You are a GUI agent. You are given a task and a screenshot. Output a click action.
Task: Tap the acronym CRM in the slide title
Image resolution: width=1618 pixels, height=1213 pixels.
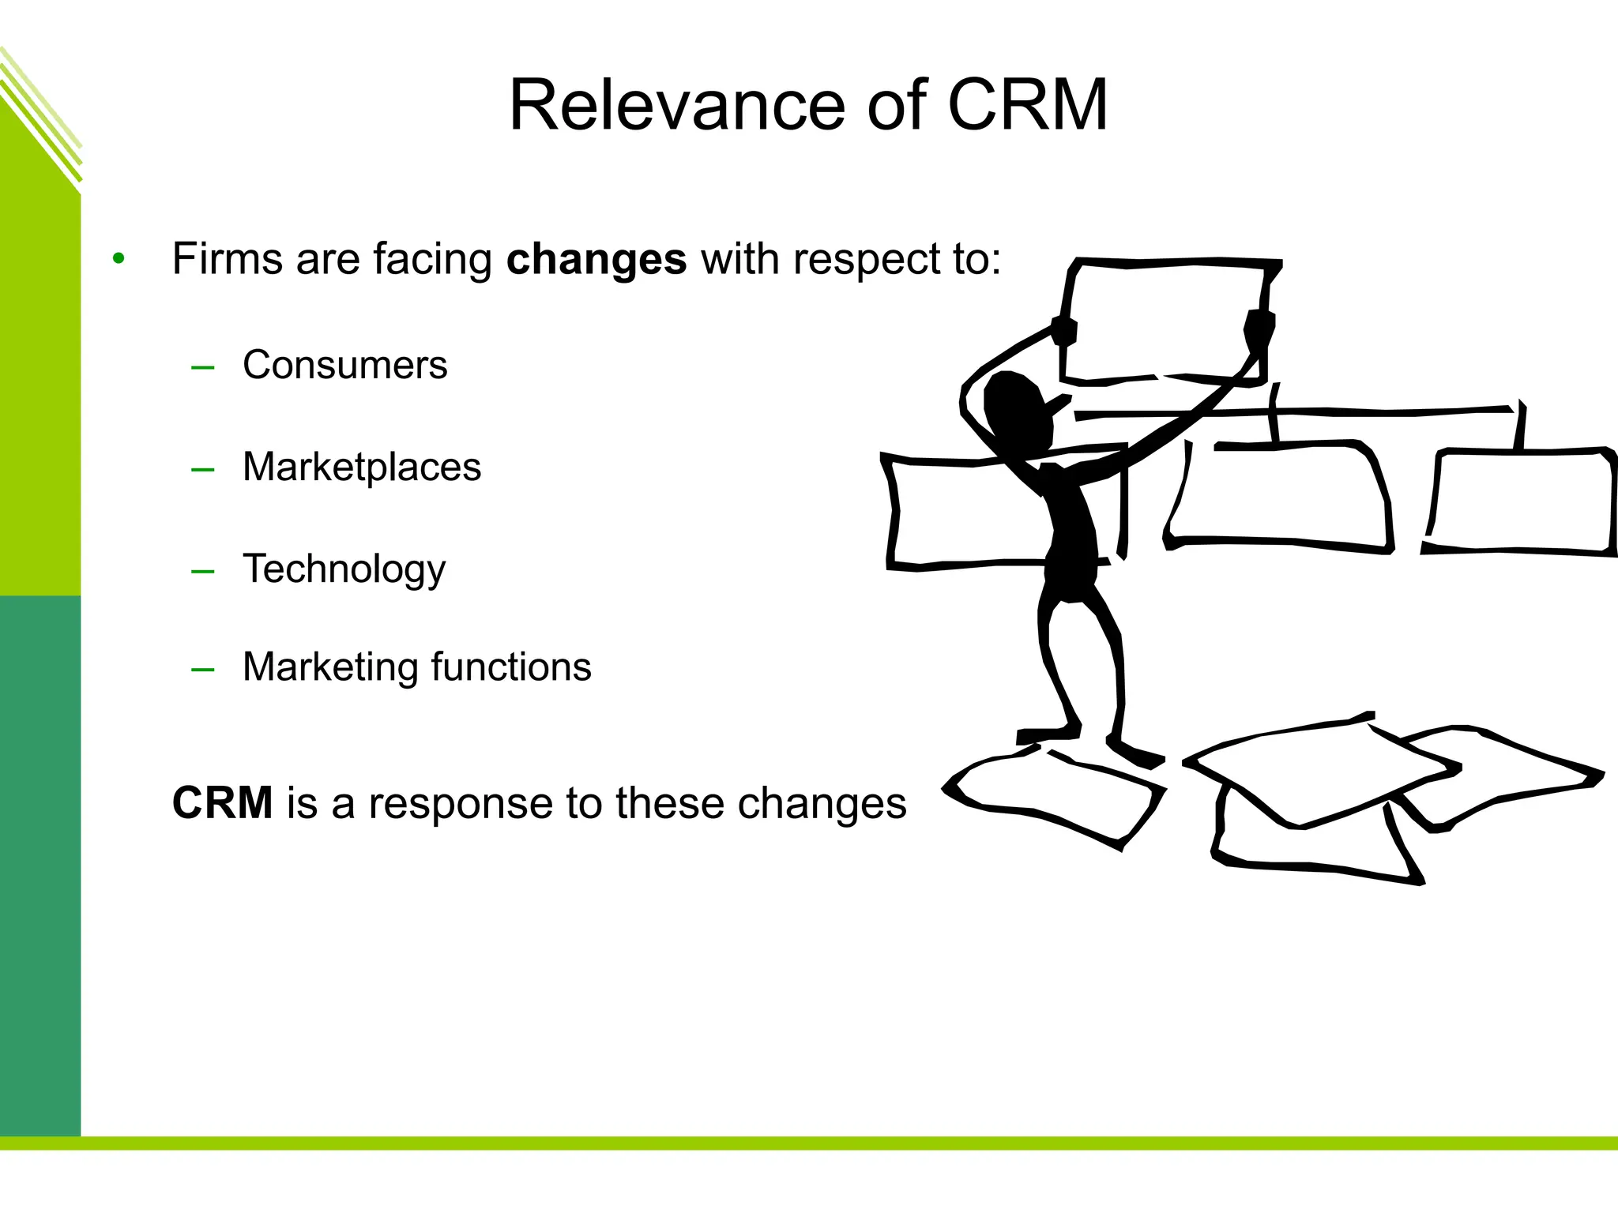[x=1027, y=106]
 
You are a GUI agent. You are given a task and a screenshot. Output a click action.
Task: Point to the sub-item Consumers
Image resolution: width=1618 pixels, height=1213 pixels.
[x=344, y=365]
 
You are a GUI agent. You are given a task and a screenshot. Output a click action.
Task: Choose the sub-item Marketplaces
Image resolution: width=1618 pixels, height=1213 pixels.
[x=361, y=467]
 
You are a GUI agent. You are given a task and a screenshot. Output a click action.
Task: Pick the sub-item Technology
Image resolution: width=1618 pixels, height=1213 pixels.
[x=344, y=569]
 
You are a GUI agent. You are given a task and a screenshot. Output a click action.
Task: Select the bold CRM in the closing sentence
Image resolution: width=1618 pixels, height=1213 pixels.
[x=223, y=803]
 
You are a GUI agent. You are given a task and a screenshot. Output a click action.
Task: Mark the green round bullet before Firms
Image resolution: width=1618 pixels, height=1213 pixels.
[x=119, y=258]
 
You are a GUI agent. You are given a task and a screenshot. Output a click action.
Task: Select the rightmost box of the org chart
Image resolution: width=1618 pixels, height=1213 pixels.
[x=1521, y=501]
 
